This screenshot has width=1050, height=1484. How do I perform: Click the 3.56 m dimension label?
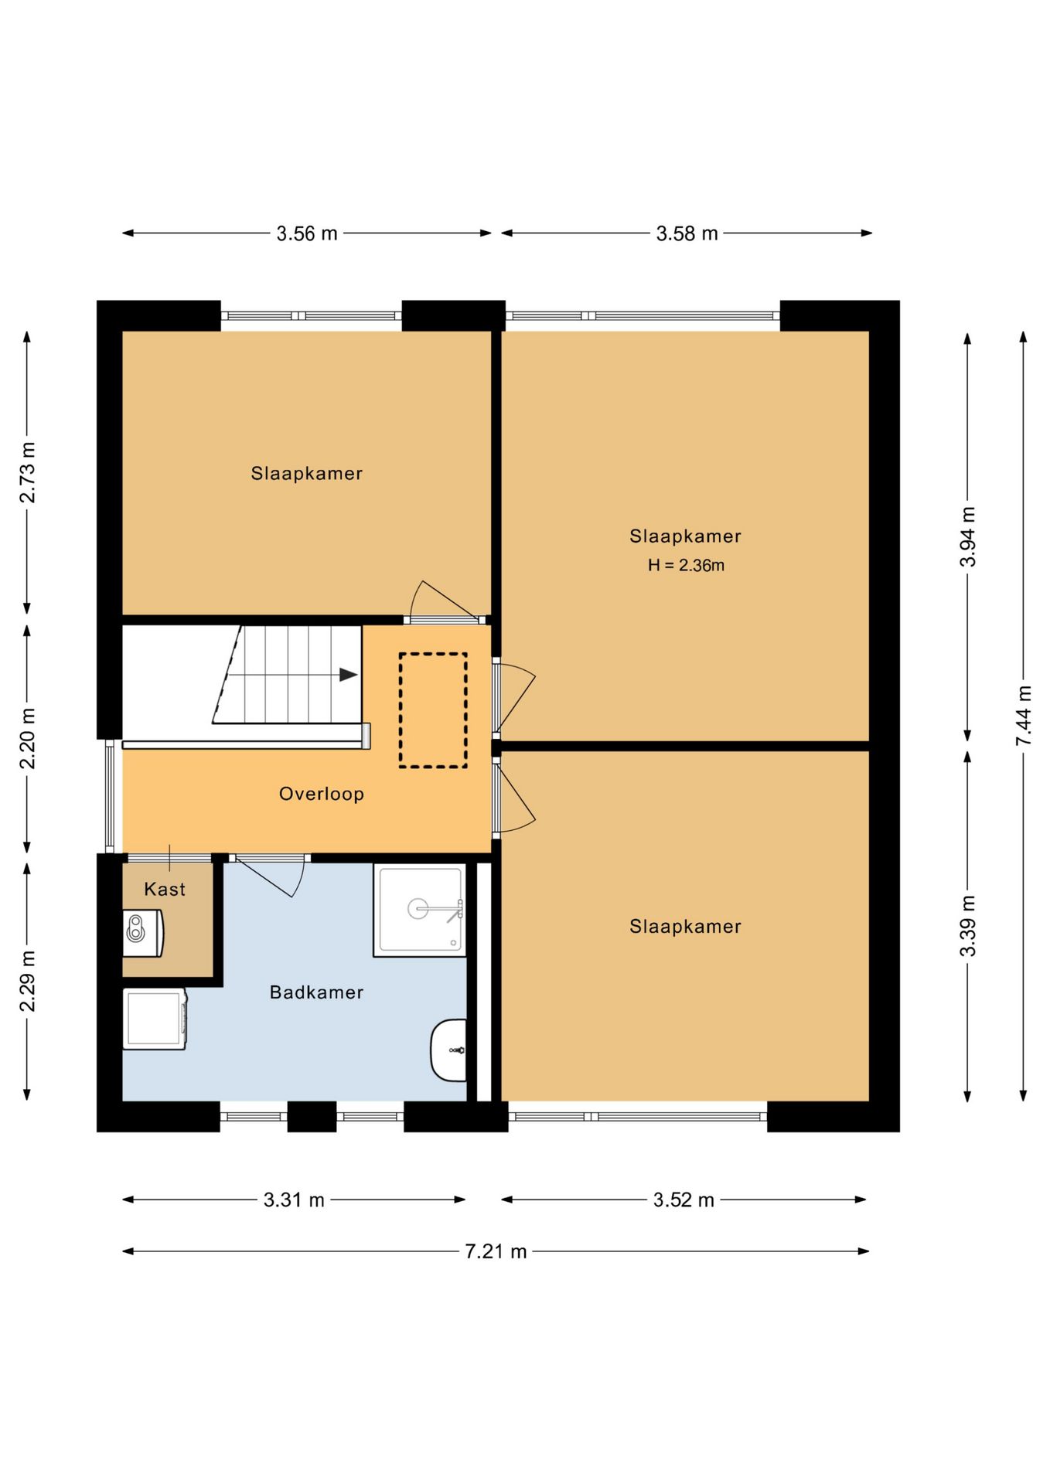tap(307, 233)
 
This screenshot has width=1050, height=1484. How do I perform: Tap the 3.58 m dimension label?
tap(687, 233)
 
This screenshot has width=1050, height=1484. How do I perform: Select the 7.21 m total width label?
tap(496, 1251)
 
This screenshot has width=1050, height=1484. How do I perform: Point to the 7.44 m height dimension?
tap(1024, 716)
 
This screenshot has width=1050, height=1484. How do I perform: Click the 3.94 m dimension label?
tap(968, 537)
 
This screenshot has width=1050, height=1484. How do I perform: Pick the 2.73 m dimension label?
tap(28, 473)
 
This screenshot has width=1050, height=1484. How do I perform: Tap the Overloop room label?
tap(322, 794)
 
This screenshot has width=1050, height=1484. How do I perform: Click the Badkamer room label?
tap(316, 992)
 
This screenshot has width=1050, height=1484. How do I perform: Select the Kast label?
tap(165, 890)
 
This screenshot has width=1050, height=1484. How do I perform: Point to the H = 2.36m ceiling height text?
tap(686, 566)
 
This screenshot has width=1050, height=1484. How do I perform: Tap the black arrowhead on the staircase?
tap(349, 675)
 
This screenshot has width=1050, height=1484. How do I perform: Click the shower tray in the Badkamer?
tap(420, 910)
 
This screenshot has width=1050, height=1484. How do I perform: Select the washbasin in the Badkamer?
tap(449, 1050)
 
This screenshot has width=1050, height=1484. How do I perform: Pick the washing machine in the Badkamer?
tap(155, 1019)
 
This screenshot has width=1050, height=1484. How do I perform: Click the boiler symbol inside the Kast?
tap(143, 934)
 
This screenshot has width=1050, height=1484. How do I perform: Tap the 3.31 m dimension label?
tap(294, 1200)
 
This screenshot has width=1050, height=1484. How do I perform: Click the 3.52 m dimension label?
tap(684, 1200)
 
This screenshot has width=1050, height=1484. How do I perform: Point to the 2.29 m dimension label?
tap(28, 982)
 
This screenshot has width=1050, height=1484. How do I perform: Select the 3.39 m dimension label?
tap(968, 927)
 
